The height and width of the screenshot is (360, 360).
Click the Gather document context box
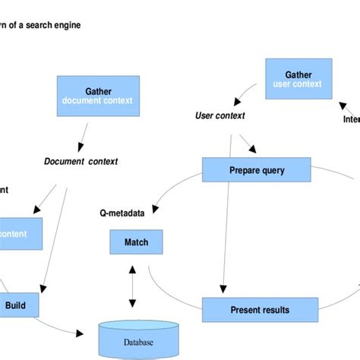point(99,96)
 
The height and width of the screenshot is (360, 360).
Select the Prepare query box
point(256,170)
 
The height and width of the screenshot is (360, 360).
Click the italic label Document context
point(81,161)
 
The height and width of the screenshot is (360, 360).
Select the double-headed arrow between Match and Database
point(134,287)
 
